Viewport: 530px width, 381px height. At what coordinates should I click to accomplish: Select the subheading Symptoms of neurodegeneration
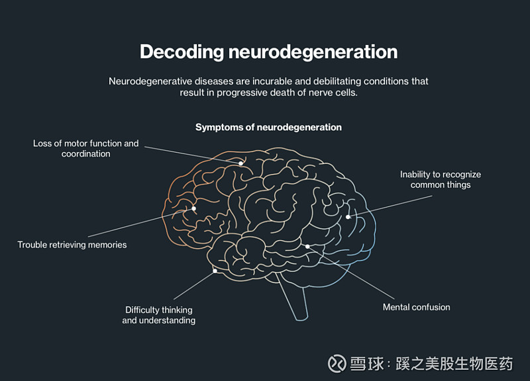click(268, 127)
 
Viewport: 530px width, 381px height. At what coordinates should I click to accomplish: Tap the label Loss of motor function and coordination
click(86, 148)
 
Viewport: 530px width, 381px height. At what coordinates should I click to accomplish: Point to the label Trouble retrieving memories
click(72, 245)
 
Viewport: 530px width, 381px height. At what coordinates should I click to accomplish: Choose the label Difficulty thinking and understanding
click(159, 315)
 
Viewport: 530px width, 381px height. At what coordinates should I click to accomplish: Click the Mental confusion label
click(416, 307)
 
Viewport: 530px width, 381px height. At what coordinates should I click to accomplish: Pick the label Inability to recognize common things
click(441, 179)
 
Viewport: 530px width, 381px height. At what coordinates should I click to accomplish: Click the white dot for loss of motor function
click(241, 163)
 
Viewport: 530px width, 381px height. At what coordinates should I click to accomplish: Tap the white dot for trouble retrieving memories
click(194, 208)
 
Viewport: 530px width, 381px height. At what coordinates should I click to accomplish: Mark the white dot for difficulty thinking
click(215, 271)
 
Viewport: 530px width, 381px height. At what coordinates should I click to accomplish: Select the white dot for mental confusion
click(307, 246)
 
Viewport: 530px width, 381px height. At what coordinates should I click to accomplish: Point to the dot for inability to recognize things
click(348, 216)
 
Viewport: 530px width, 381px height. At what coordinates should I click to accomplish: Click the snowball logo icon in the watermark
click(337, 363)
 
